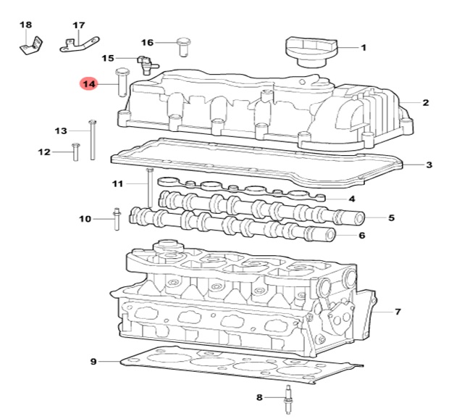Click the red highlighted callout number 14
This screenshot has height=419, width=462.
(89, 84)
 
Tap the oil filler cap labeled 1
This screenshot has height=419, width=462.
(311, 51)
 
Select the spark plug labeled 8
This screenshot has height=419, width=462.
(288, 399)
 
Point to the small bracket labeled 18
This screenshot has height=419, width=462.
(32, 46)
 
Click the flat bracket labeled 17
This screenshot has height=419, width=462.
(80, 44)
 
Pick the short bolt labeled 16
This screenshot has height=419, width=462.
(183, 46)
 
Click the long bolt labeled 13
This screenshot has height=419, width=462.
(93, 140)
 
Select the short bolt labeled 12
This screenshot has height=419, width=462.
(76, 152)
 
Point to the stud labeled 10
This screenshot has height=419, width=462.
(117, 219)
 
